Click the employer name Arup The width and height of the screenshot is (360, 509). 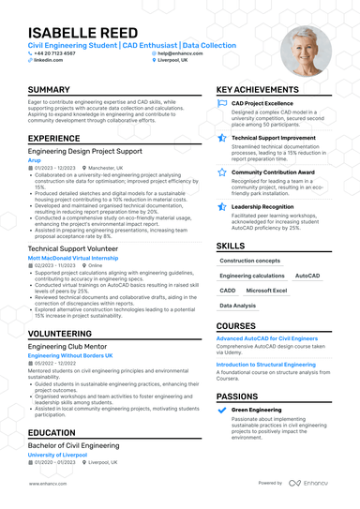point(34,159)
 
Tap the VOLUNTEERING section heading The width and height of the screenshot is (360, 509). point(59,333)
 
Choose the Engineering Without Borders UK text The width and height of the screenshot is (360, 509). point(70,356)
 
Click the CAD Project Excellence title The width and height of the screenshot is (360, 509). point(263,103)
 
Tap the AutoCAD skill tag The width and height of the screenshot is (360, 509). point(307,276)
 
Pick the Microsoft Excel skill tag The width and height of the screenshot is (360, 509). point(267,291)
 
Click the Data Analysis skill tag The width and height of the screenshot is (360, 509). point(237,306)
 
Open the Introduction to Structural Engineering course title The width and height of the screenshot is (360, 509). point(266,364)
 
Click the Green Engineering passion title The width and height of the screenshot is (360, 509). point(258,410)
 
